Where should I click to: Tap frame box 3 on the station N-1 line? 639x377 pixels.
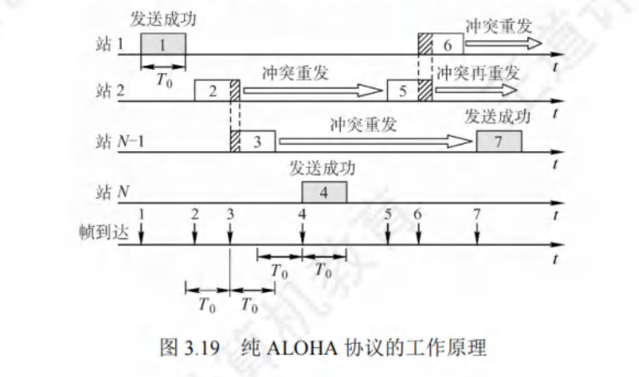(258, 141)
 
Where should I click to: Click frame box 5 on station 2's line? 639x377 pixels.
(403, 90)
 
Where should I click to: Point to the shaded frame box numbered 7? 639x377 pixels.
(498, 141)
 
